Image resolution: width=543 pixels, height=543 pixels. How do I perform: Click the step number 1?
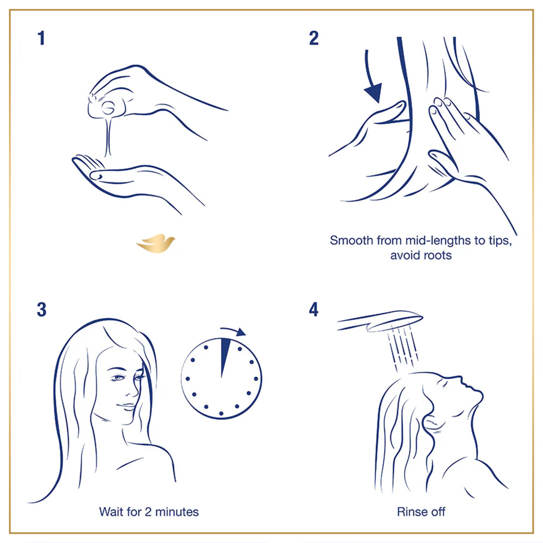click(41, 39)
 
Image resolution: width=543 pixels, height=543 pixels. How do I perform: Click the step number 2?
click(314, 39)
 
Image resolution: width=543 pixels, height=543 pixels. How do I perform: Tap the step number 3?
click(42, 310)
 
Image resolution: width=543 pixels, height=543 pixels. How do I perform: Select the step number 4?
click(314, 310)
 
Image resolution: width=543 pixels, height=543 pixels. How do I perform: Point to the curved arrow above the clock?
click(233, 331)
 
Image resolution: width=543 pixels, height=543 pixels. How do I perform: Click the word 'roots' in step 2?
click(437, 255)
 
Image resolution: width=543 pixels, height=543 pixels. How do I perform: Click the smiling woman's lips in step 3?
click(127, 405)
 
